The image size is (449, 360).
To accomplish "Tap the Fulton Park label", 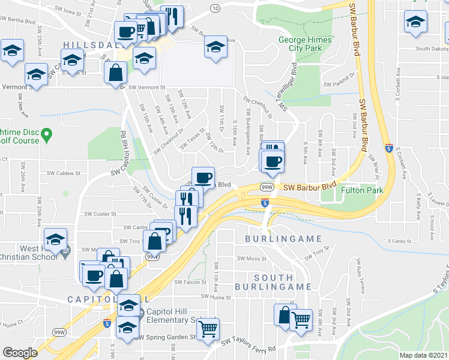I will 363,190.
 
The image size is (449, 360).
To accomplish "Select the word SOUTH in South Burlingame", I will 274,278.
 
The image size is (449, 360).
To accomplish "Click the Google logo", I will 20,352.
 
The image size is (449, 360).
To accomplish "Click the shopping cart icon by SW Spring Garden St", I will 208,328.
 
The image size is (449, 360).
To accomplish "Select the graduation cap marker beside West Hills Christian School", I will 55,239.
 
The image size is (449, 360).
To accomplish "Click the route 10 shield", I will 214,8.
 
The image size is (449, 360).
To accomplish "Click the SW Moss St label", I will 251,259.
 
